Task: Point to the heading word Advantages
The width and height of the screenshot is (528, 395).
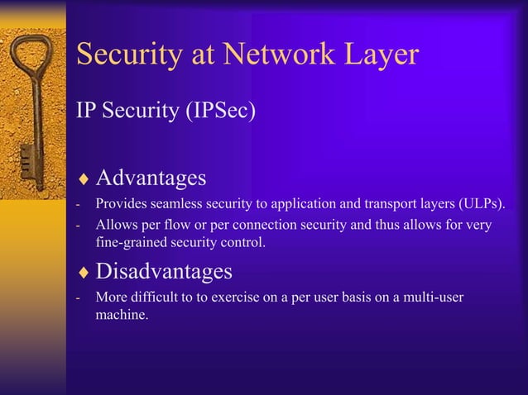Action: coord(151,178)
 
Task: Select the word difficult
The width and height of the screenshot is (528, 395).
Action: coord(161,297)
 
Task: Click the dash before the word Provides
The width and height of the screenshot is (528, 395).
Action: coord(77,205)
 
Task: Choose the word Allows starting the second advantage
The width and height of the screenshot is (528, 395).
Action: coord(115,225)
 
